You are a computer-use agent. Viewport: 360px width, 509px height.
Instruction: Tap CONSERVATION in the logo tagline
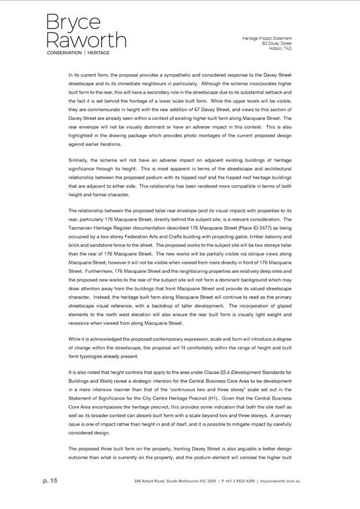click(x=64, y=53)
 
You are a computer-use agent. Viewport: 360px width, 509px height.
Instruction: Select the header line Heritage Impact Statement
click(x=267, y=38)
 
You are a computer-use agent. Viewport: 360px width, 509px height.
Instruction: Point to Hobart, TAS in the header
click(x=280, y=49)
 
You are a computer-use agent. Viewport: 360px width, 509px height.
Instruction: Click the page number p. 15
click(x=50, y=481)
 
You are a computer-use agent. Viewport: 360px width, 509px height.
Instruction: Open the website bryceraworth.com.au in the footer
click(x=280, y=481)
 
